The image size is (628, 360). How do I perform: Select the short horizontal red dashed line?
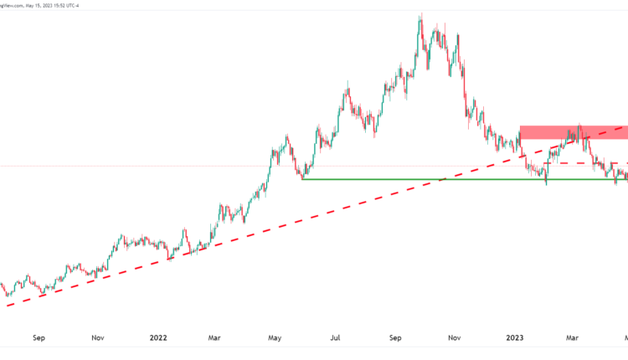click(x=578, y=163)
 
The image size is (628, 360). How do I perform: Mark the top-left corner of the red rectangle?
click(x=520, y=126)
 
